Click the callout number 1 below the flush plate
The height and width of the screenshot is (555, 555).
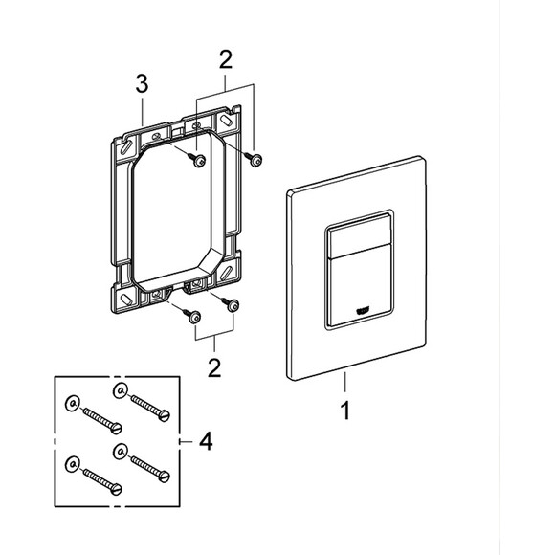click(x=345, y=411)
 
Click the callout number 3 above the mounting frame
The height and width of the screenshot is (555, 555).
click(x=143, y=84)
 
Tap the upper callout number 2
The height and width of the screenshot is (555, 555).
click(x=226, y=59)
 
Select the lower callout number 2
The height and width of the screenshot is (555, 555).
click(x=214, y=368)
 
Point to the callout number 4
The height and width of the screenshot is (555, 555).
click(x=206, y=441)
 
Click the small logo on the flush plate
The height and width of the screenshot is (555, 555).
click(x=363, y=310)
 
